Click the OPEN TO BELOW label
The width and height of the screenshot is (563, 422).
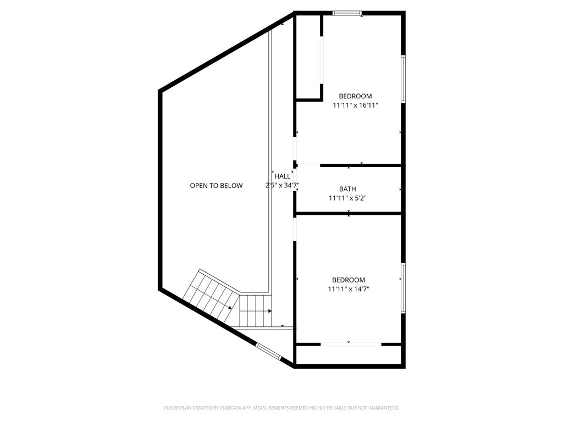tap(216, 186)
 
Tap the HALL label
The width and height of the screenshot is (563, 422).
tap(282, 176)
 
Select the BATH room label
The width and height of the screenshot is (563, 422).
tap(347, 189)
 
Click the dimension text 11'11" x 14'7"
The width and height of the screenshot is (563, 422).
tap(349, 289)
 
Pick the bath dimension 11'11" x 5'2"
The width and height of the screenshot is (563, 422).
tap(347, 198)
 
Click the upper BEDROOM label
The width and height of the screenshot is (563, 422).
tap(355, 96)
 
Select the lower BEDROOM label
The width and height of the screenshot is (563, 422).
tap(349, 280)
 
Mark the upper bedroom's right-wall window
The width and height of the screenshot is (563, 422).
tap(403, 79)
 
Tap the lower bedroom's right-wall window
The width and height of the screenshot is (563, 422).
tap(403, 288)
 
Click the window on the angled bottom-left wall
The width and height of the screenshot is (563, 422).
tap(269, 352)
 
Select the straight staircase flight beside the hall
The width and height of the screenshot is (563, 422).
tap(256, 311)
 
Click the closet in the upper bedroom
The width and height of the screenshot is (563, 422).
tap(308, 58)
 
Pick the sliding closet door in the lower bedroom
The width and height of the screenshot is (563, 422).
tap(350, 345)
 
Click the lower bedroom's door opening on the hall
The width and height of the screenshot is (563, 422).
tap(295, 229)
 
